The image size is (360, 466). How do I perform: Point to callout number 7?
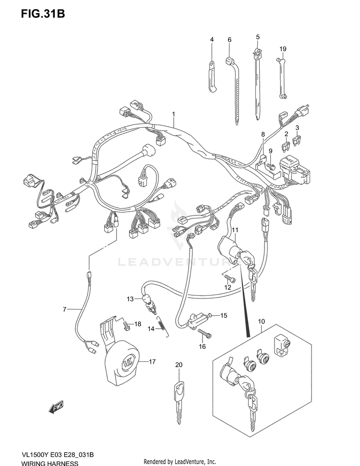click(x=64, y=310)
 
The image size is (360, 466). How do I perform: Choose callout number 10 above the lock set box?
click(x=261, y=321)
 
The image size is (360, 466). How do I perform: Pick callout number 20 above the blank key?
click(x=179, y=365)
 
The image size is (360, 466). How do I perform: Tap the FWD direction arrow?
click(x=56, y=407)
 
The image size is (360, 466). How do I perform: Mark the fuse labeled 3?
click(x=298, y=141)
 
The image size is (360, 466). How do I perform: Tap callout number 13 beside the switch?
click(x=131, y=299)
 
